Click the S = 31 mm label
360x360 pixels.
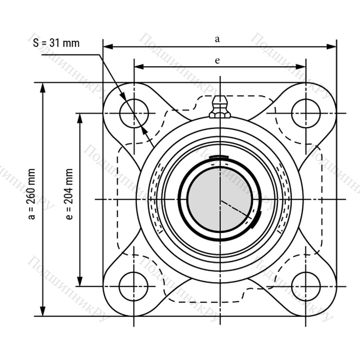coord(56,43)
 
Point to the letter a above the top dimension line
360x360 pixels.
coord(217,39)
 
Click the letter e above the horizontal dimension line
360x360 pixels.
coord(217,61)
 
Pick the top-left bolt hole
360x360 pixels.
coord(134,113)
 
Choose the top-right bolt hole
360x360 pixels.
coord(306,113)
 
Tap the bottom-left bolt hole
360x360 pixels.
coord(134,286)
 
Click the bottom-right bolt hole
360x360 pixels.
coord(306,286)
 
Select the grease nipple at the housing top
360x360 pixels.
coord(220,107)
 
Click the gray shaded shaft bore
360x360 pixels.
coord(219,199)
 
